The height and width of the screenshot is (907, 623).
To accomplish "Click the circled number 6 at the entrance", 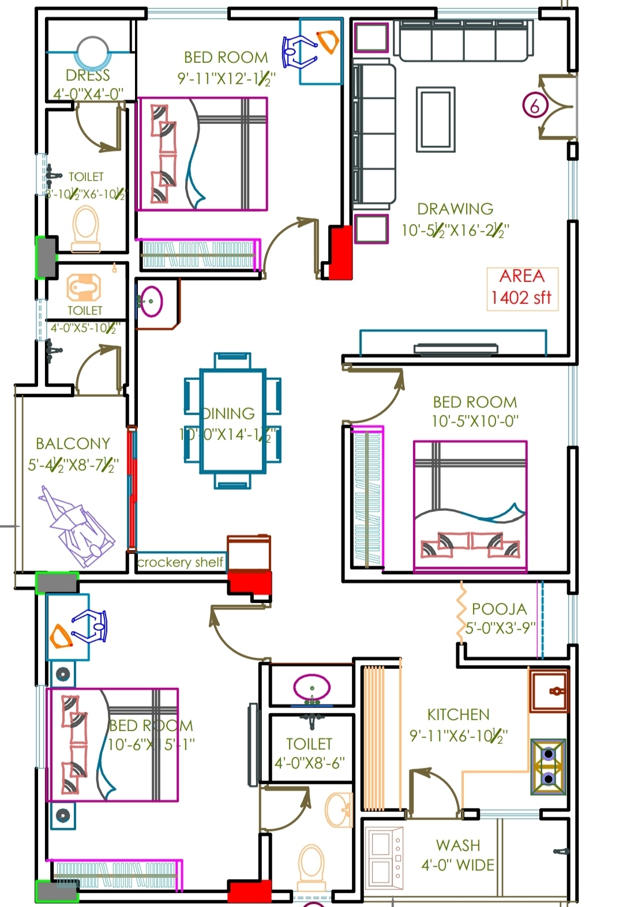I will click(535, 106).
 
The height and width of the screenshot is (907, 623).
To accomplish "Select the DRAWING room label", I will click(455, 209).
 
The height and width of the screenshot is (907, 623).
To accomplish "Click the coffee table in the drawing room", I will click(436, 119).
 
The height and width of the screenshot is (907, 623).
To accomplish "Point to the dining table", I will click(232, 421).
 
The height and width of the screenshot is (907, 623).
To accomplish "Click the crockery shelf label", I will click(180, 562).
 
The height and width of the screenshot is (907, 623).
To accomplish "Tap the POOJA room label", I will click(499, 609).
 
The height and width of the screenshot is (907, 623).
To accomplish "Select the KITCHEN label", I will click(458, 715).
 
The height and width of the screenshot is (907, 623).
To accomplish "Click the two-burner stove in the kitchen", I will click(548, 766).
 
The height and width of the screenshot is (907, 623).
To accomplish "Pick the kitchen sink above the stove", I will click(549, 690).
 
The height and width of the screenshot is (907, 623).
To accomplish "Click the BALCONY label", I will click(73, 443).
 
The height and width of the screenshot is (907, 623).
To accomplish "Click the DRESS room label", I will click(88, 76).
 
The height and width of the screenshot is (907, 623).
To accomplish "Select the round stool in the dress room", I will click(92, 54).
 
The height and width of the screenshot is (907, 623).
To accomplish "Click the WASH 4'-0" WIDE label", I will click(458, 855).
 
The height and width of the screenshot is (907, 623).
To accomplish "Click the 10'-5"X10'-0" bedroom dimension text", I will click(475, 421).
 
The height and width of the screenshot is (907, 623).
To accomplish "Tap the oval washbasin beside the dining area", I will click(152, 302).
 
